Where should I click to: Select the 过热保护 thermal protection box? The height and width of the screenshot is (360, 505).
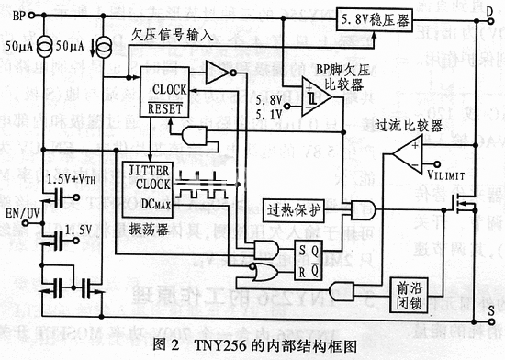click(295, 209)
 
